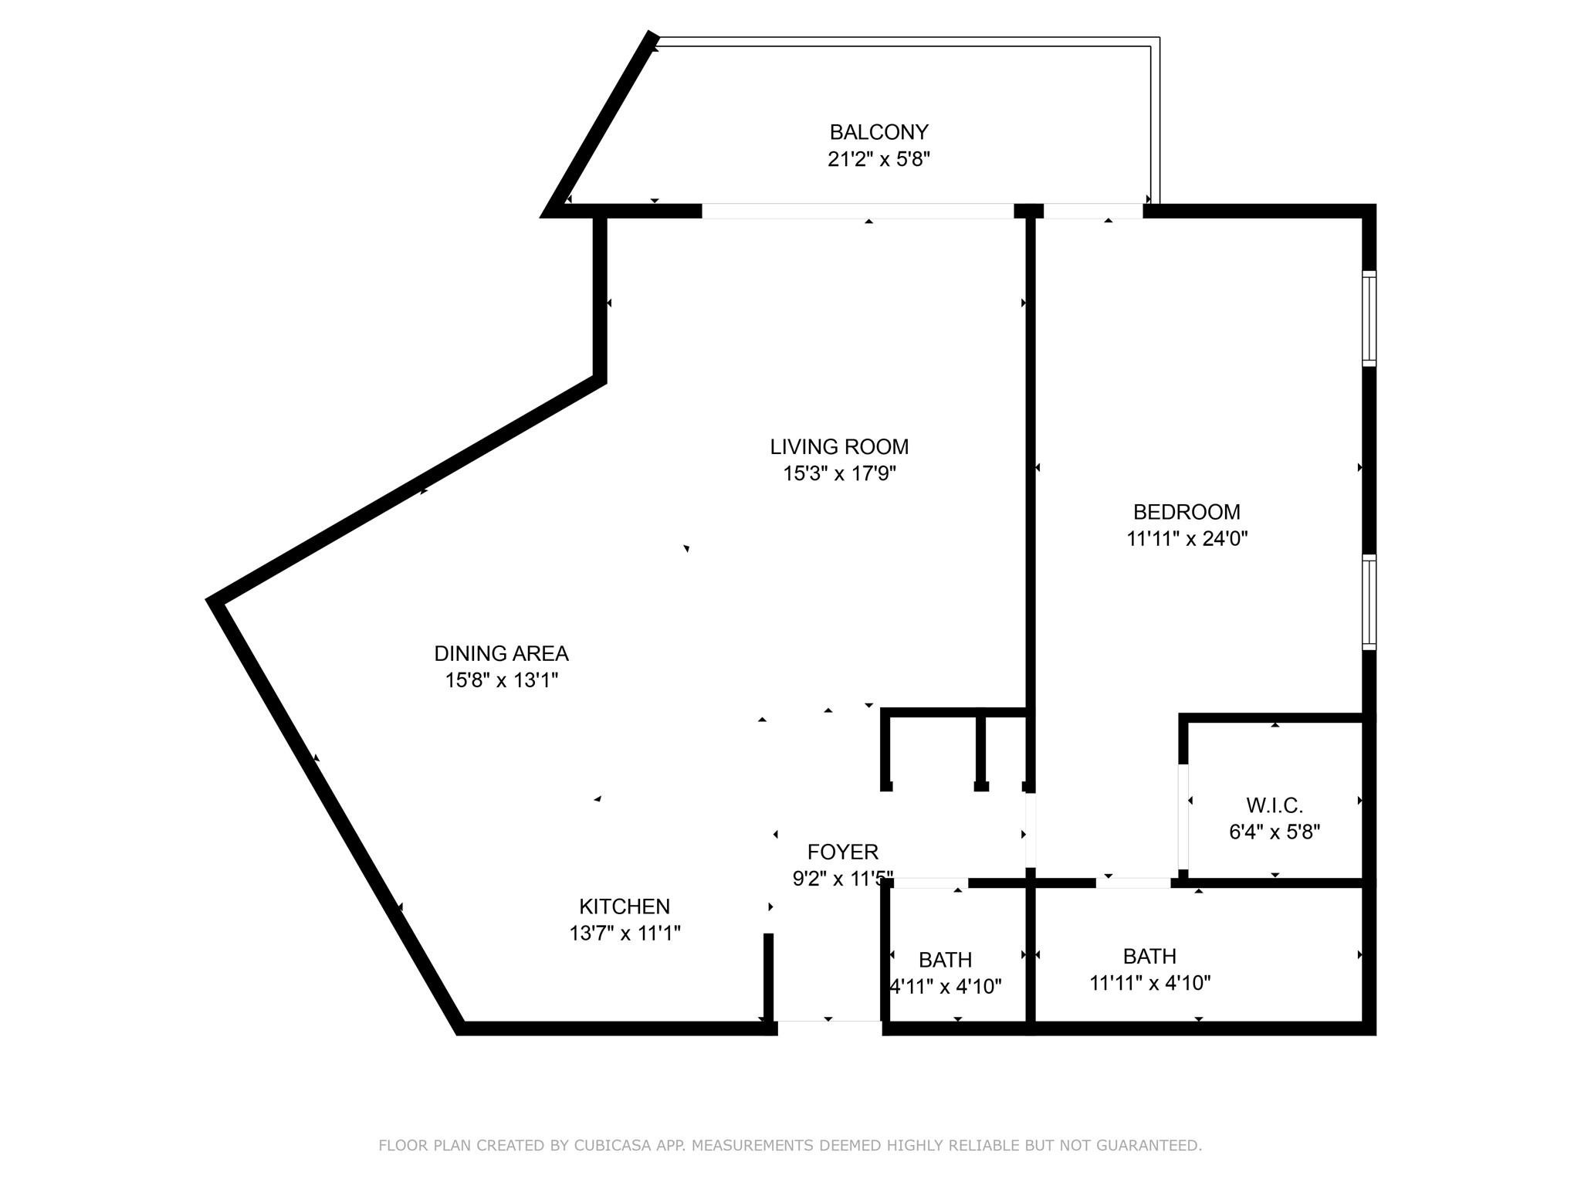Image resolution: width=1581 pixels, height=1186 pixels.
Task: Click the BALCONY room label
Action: pos(879,132)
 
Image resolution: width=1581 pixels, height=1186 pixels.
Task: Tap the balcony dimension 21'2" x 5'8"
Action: pos(879,159)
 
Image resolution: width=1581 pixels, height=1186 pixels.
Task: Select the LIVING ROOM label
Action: pos(839,446)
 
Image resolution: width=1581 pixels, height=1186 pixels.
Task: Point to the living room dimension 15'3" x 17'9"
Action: pos(839,473)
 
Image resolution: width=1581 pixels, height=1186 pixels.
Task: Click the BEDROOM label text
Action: pos(1187,512)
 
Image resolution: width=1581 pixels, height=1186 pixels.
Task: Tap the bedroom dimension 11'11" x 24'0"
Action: pos(1187,539)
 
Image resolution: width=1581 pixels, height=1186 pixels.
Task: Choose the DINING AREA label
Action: pos(501,653)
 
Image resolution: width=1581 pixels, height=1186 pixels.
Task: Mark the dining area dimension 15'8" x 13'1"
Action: pos(501,680)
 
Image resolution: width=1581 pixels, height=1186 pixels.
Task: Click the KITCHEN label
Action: pos(625,906)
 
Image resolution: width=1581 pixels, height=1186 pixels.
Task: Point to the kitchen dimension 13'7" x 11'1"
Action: pos(625,934)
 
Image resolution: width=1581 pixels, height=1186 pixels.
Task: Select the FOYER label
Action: pos(842,852)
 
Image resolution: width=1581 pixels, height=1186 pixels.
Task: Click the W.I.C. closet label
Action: pos(1274,805)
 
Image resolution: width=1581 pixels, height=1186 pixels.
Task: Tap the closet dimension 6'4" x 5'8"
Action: pos(1274,832)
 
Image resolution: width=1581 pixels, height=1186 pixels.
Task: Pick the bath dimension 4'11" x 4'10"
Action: pos(946,987)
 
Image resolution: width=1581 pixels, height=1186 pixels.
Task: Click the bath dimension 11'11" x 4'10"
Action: pos(1149,983)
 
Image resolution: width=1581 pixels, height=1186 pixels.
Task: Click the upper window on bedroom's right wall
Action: pos(1369,318)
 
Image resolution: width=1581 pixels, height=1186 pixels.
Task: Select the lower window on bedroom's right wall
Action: pos(1369,602)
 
